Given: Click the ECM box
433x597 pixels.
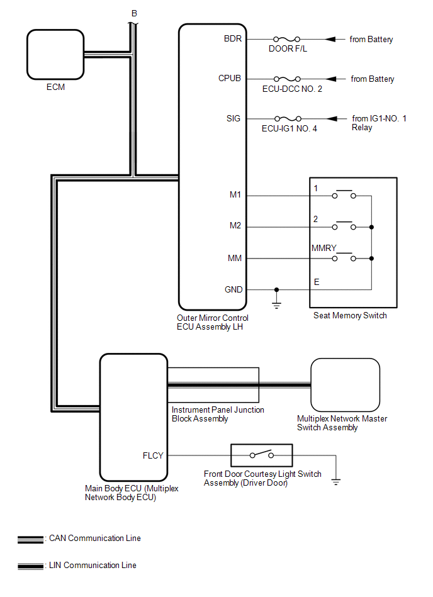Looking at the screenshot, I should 55,53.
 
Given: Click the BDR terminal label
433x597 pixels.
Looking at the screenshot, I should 233,39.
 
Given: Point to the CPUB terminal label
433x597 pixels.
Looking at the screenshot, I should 230,79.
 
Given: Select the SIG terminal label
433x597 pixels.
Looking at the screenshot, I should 233,118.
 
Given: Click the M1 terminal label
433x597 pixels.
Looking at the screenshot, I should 235,195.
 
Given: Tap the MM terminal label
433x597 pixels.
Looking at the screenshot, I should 235,258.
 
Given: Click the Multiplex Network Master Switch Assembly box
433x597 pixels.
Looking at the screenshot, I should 346,385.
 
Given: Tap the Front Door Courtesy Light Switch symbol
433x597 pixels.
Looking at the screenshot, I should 261,454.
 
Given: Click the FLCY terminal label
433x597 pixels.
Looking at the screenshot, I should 154,455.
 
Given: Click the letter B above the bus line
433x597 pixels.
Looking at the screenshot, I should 133,13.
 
